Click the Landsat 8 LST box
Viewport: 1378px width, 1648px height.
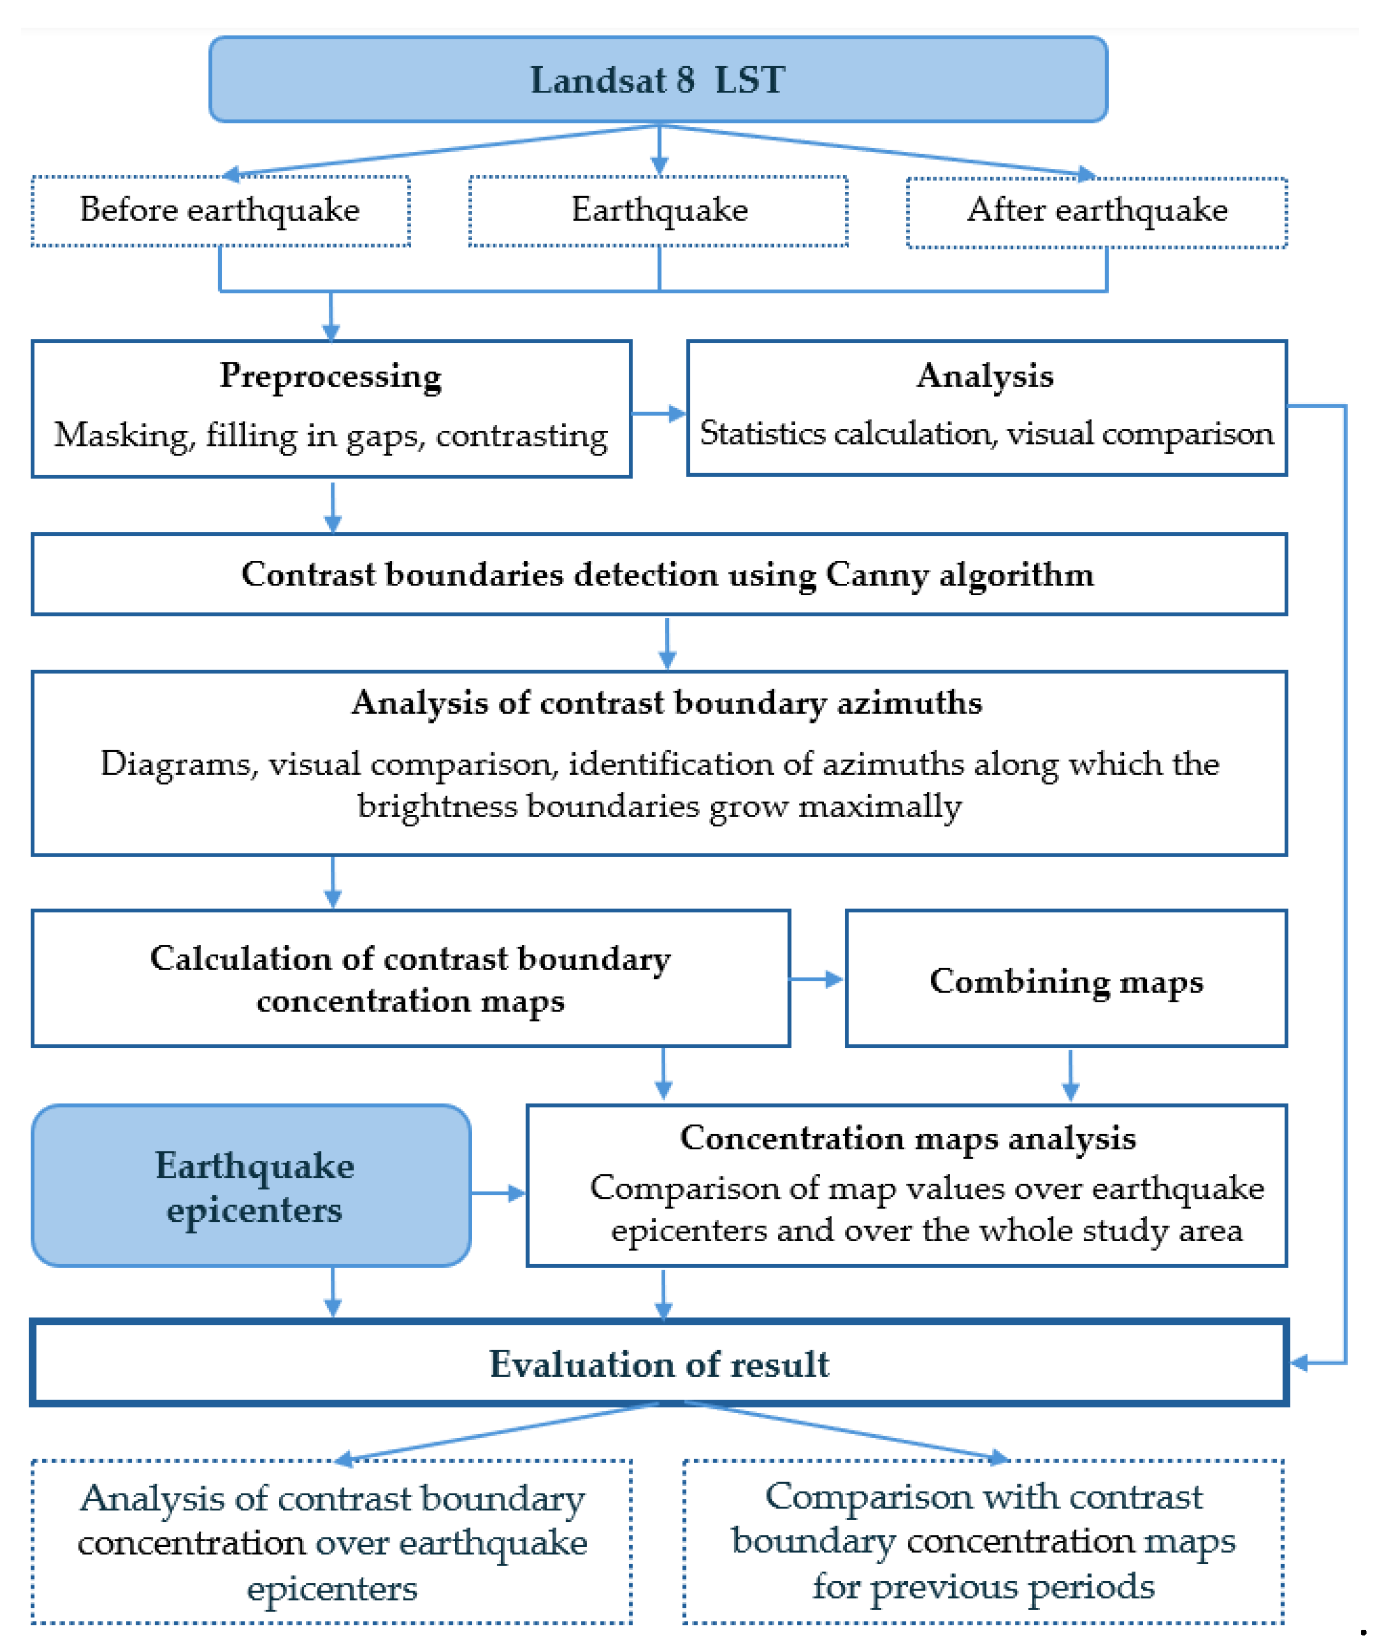point(657,80)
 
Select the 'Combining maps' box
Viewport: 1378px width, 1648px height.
point(1065,979)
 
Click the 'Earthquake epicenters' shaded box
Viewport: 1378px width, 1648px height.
point(251,1186)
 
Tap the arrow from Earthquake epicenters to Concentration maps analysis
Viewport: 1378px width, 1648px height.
point(498,1194)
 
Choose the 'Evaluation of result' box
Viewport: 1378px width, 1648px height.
point(659,1364)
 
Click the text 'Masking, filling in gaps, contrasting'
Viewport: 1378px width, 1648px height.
point(330,436)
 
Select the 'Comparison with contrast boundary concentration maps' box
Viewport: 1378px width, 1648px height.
point(982,1542)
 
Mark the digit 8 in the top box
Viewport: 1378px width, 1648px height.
point(685,80)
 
